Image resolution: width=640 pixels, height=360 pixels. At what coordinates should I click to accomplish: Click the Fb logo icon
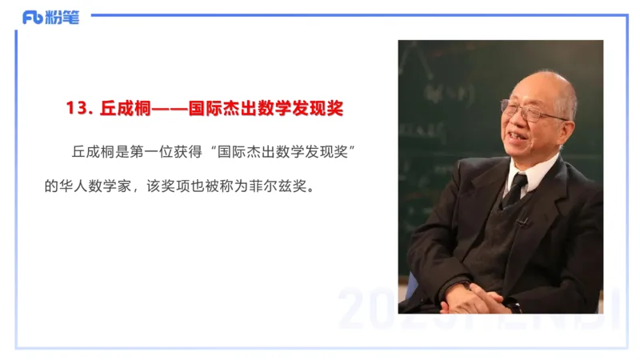[33, 18]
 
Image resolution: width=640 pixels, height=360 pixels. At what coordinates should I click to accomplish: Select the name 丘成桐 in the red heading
[122, 109]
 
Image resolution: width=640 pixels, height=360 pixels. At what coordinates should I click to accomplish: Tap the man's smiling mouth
[521, 143]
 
